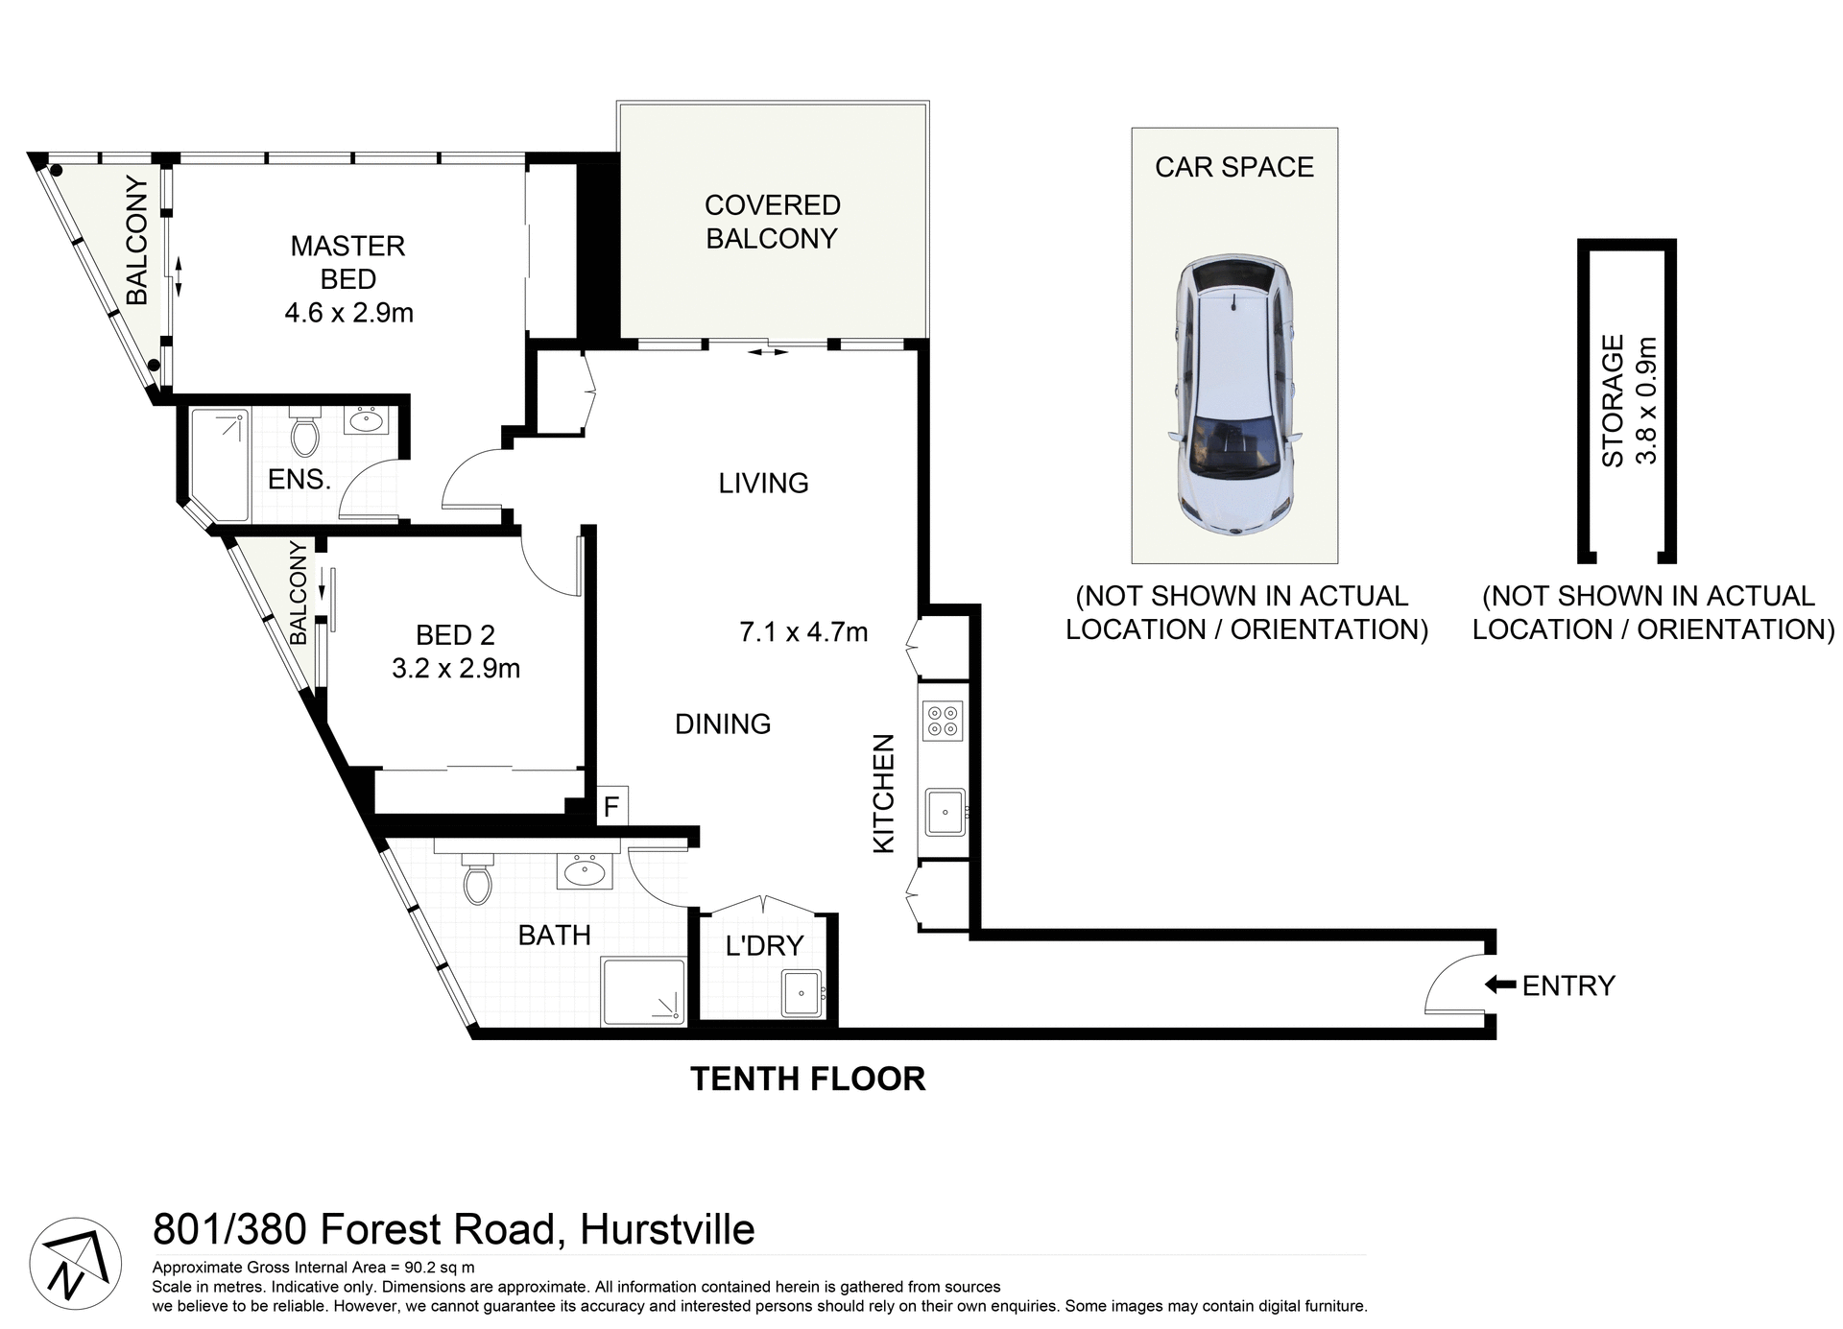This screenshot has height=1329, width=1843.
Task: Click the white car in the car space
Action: pos(1233,393)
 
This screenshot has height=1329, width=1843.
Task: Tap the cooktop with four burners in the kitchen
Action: pos(942,722)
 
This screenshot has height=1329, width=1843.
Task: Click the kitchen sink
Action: pos(945,813)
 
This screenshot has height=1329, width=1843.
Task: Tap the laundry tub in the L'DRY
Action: pos(802,993)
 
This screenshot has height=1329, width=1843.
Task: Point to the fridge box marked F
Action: pos(611,807)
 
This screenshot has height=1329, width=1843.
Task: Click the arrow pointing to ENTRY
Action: pos(1498,985)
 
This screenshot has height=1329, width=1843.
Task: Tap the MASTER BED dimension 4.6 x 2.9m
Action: pos(348,313)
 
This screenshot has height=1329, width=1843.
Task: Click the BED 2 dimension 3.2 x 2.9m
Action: pos(456,668)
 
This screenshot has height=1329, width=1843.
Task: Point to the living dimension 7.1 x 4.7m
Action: pos(803,632)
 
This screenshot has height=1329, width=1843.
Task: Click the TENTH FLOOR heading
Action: pos(807,1079)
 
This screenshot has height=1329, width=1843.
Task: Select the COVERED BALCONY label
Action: pos(772,222)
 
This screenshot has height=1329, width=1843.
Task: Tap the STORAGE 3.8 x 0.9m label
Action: pos(1628,400)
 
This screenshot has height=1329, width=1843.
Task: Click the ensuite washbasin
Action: pos(366,419)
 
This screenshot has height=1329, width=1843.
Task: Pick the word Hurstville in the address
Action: pos(667,1229)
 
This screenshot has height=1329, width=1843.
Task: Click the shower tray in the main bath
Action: pos(642,990)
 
